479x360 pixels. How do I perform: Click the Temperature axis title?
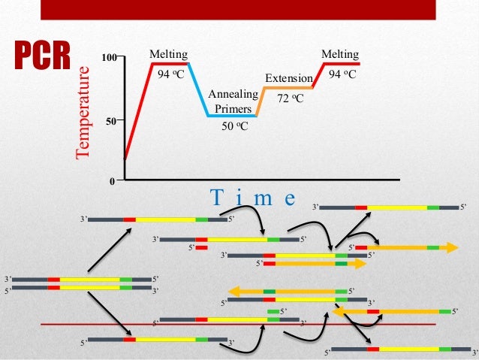tap(83, 112)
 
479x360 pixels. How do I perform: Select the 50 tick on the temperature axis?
tap(111, 120)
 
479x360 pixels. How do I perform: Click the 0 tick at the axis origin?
tap(113, 181)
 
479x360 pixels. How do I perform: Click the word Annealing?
tap(233, 94)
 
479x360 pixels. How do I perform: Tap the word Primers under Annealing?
tap(233, 107)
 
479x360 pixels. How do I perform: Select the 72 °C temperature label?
tap(291, 98)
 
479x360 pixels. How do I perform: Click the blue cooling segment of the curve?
tap(197, 90)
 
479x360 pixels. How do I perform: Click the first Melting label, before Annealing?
tap(168, 54)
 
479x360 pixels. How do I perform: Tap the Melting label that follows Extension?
tap(339, 54)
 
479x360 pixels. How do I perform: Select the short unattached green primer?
tap(273, 310)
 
